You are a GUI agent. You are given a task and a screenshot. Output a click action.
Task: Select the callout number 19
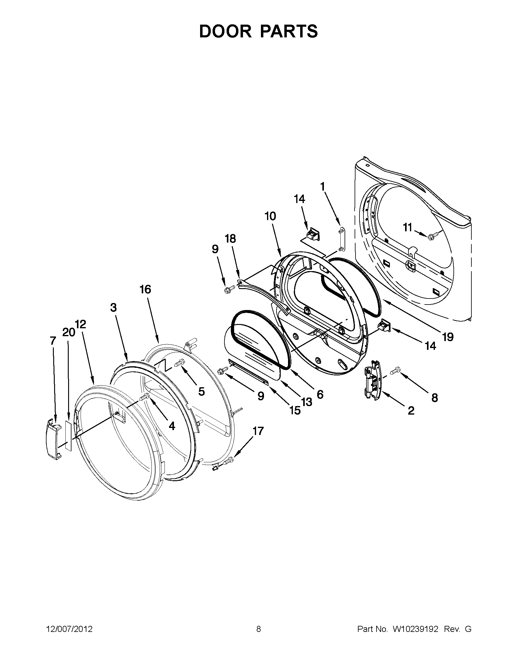448,337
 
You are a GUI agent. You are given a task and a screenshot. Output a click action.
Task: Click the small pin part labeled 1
341,238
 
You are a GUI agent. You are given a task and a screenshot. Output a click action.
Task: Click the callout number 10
270,216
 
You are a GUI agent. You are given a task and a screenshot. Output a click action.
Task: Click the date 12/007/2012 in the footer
69,629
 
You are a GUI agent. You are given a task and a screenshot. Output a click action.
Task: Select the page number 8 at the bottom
258,629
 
